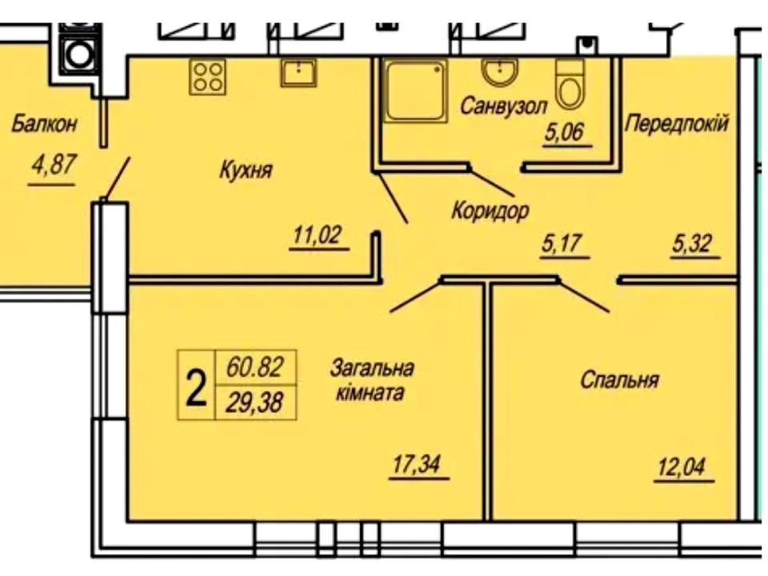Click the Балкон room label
point(45,124)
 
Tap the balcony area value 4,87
point(54,165)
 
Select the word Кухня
point(245,170)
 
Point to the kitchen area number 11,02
point(318,234)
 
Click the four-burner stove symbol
point(207,77)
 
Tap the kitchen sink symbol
point(298,72)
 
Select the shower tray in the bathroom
point(415,90)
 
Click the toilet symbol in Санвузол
point(570,84)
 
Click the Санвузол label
point(503,106)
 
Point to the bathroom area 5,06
point(566,133)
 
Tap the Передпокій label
point(677,123)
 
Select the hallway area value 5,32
point(691,243)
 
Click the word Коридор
point(490,210)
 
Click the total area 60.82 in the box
point(255,367)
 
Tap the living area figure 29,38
point(255,403)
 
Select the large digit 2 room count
point(196,386)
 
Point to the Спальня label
point(619,381)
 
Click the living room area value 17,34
point(416,464)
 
